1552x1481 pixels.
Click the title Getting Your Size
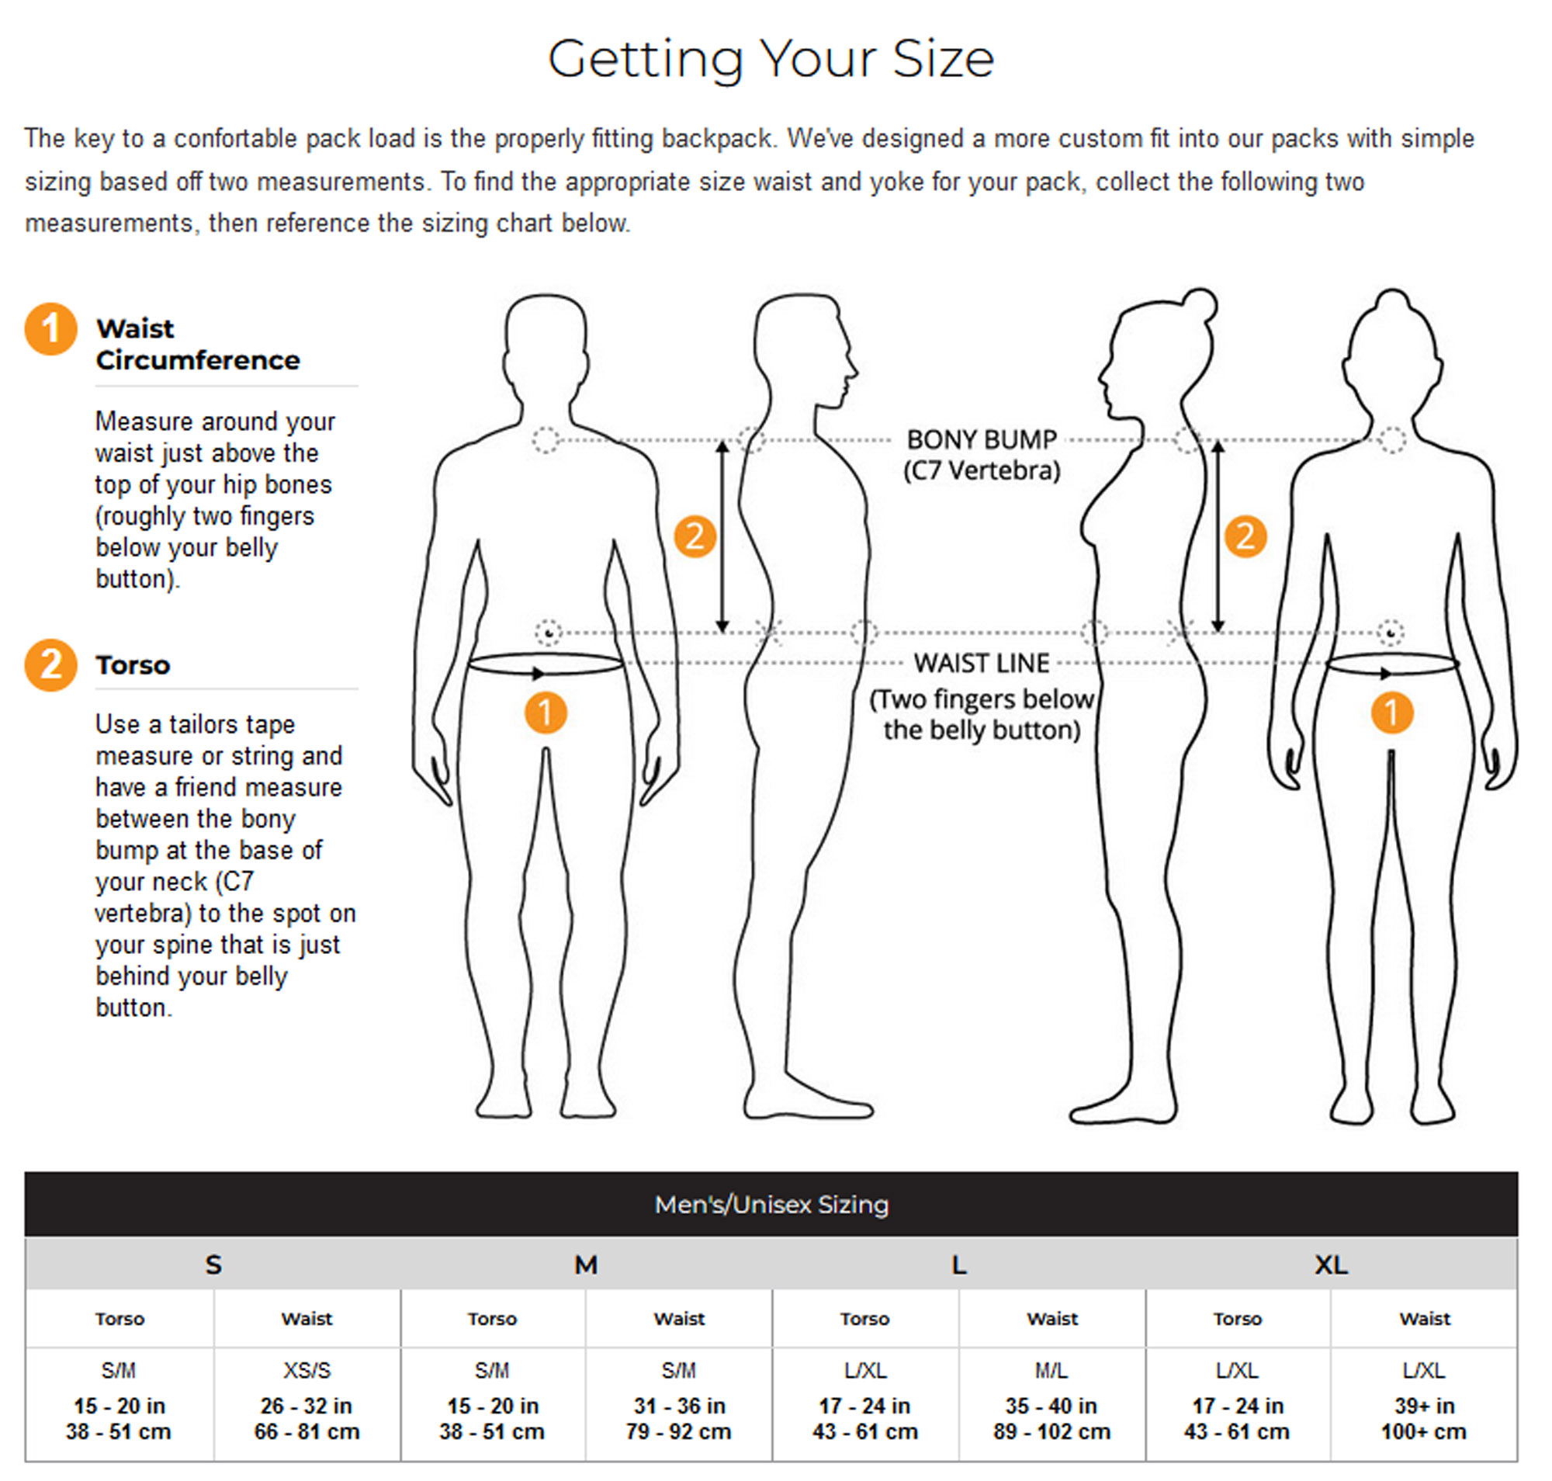pyautogui.click(x=771, y=58)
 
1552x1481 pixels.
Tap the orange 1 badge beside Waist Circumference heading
pyautogui.click(x=50, y=329)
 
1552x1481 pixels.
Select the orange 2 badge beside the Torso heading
pyautogui.click(x=50, y=664)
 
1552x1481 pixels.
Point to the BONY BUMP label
pyautogui.click(x=980, y=439)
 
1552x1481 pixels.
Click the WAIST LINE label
pyautogui.click(x=981, y=663)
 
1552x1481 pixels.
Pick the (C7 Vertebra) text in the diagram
pyautogui.click(x=981, y=470)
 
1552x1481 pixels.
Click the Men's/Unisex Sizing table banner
pyautogui.click(x=771, y=1204)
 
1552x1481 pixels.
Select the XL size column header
pyautogui.click(x=1330, y=1264)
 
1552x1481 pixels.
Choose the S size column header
pyautogui.click(x=213, y=1264)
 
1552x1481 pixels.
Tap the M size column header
pyautogui.click(x=585, y=1264)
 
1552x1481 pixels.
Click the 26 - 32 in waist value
pyautogui.click(x=307, y=1406)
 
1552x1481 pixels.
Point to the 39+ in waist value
pyautogui.click(x=1423, y=1406)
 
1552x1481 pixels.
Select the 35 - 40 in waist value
pyautogui.click(x=1051, y=1406)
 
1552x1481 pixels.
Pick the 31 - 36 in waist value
pyautogui.click(x=679, y=1406)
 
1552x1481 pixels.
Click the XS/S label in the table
pyautogui.click(x=307, y=1371)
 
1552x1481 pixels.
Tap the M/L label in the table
pyautogui.click(x=1051, y=1371)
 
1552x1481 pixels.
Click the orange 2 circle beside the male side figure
pyautogui.click(x=695, y=537)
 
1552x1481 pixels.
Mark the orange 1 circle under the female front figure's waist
pyautogui.click(x=1391, y=713)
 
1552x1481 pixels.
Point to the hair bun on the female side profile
pyautogui.click(x=1200, y=305)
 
